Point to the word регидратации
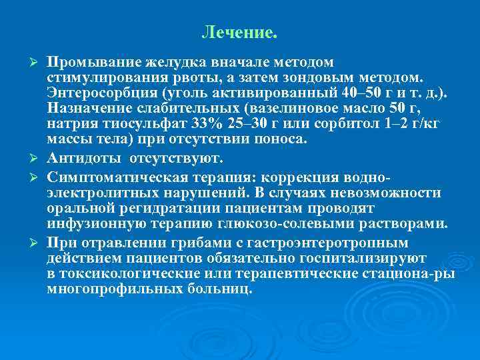click(151, 207)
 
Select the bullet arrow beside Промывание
click(37, 63)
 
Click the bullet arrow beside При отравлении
click(37, 242)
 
